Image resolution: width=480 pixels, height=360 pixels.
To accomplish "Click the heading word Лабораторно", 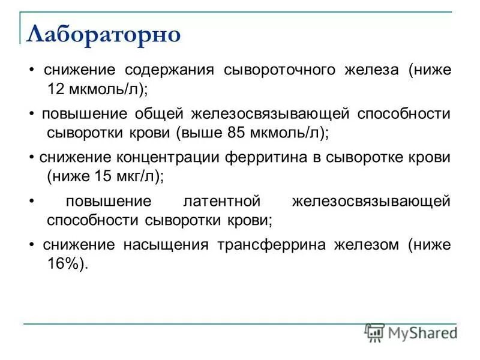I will pyautogui.click(x=104, y=34).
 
